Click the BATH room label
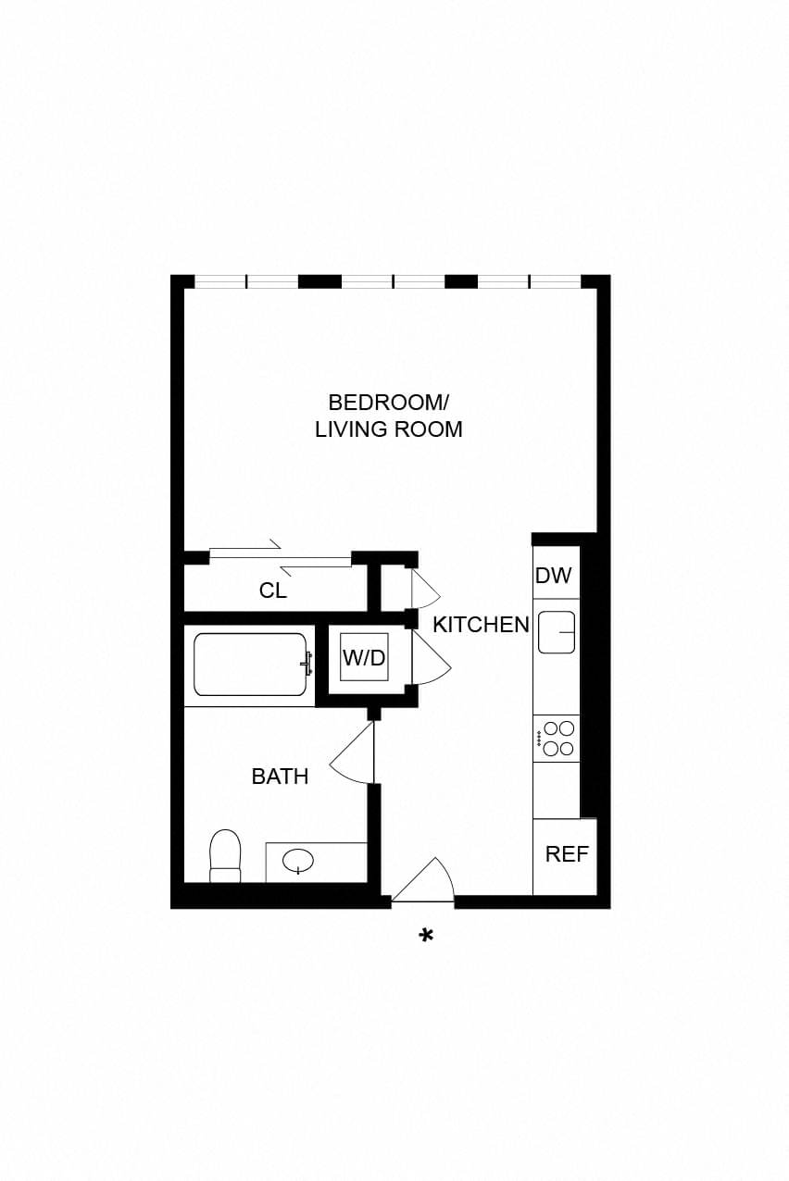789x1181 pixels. point(280,777)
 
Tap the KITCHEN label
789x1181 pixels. point(481,625)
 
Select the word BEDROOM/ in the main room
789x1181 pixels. point(388,403)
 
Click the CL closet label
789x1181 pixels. point(272,590)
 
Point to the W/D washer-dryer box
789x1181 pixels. point(364,657)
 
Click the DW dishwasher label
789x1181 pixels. point(553,575)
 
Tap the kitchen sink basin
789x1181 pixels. point(557,632)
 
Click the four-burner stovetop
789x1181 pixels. point(557,739)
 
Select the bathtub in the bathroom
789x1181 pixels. point(249,665)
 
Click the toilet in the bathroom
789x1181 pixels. point(225,857)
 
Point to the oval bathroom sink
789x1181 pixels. point(298,862)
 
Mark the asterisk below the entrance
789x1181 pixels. point(426,936)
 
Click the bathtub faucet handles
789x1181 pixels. point(307,664)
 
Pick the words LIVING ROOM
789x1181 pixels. point(389,429)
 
